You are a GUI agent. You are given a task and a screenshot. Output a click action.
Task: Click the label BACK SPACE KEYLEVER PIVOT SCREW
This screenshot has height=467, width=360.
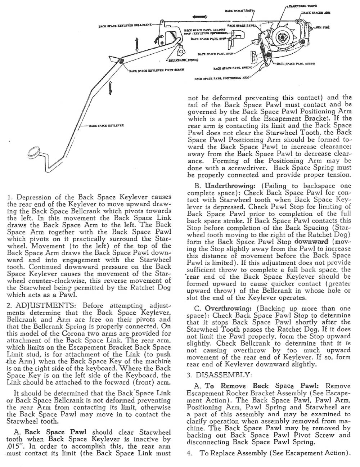coord(157,71)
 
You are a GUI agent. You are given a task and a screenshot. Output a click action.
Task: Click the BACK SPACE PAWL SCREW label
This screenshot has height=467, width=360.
coord(296,64)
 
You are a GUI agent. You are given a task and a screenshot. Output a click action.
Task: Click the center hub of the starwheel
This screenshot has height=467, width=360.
coord(285,37)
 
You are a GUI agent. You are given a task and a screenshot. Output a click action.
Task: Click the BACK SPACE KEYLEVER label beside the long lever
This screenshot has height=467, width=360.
coord(107,126)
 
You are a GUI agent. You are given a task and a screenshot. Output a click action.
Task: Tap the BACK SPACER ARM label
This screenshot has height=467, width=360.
coord(317,12)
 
